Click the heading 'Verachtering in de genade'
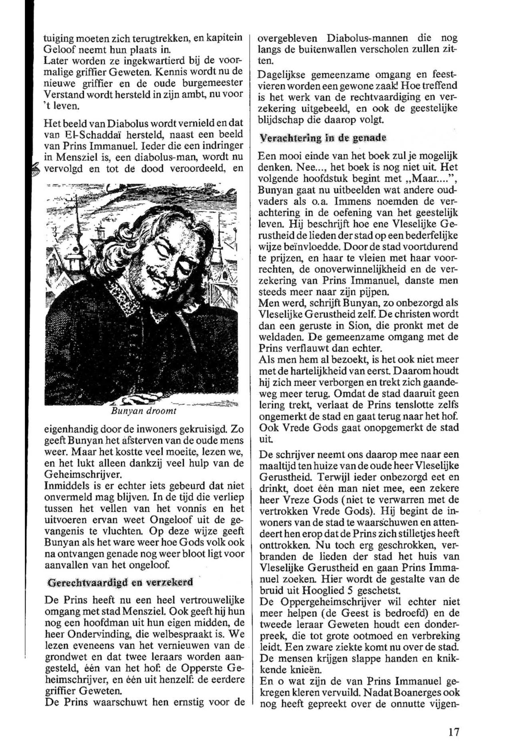click(x=322, y=138)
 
